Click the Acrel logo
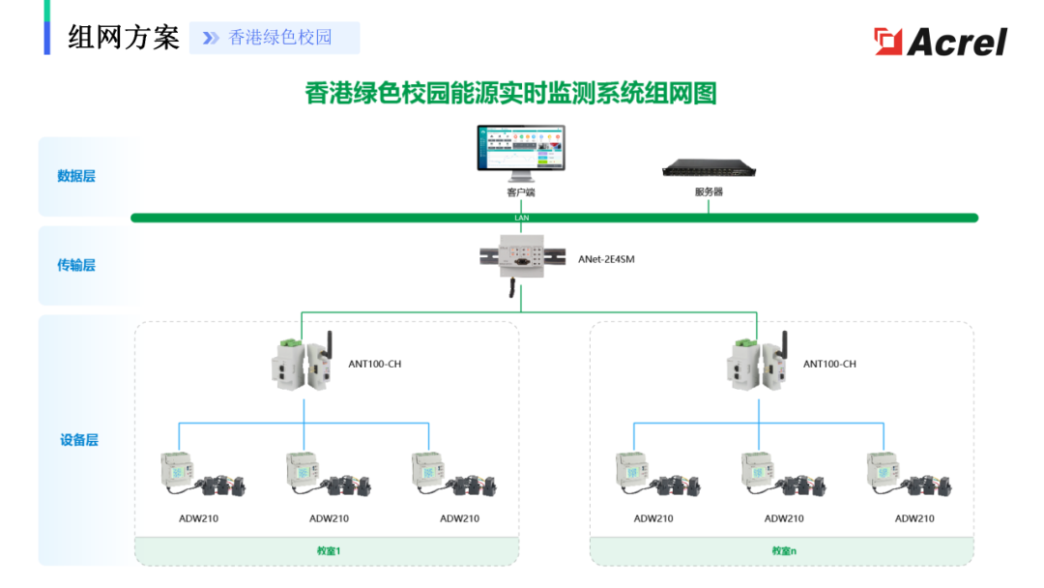point(940,42)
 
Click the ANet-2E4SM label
point(606,259)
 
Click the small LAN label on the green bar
point(522,218)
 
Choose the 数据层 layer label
point(76,176)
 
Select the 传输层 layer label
point(76,265)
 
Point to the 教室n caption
point(783,551)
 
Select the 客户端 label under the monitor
point(520,192)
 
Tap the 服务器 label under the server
point(708,192)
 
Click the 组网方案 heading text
point(124,38)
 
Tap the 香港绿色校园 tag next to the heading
point(279,38)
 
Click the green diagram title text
point(510,94)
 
